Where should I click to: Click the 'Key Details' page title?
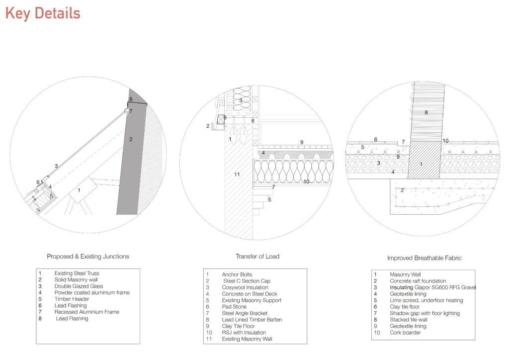pyautogui.click(x=43, y=13)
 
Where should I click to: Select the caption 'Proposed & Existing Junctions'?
pyautogui.click(x=88, y=257)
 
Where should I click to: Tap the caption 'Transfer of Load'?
pyautogui.click(x=257, y=257)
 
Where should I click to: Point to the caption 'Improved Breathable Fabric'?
pyautogui.click(x=424, y=258)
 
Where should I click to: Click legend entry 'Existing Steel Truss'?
pyautogui.click(x=77, y=273)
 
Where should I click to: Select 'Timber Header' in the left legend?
pyautogui.click(x=72, y=299)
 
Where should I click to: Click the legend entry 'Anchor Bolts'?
pyautogui.click(x=237, y=274)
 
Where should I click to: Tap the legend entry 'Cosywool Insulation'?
pyautogui.click(x=245, y=287)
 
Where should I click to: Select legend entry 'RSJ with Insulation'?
pyautogui.click(x=244, y=333)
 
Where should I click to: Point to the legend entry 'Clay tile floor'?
pyautogui.click(x=404, y=307)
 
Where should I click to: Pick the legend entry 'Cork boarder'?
pyautogui.click(x=405, y=333)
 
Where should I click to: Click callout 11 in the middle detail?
pyautogui.click(x=237, y=175)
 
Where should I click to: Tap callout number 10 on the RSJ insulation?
pyautogui.click(x=306, y=182)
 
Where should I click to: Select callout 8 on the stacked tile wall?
pyautogui.click(x=426, y=113)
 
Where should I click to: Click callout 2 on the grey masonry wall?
pyautogui.click(x=131, y=140)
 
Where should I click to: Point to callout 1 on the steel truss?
pyautogui.click(x=79, y=190)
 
